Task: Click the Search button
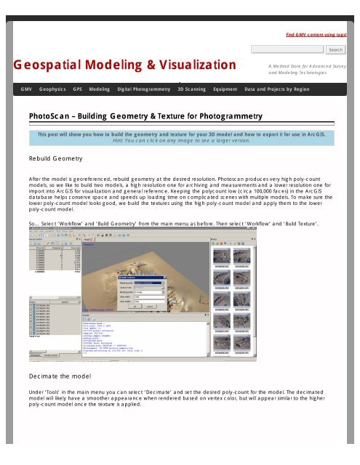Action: click(x=335, y=50)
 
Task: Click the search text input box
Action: click(x=287, y=50)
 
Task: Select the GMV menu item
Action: click(x=25, y=89)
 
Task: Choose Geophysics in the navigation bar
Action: click(x=52, y=89)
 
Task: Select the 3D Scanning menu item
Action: click(x=191, y=89)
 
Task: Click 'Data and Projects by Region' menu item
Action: click(x=277, y=89)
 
